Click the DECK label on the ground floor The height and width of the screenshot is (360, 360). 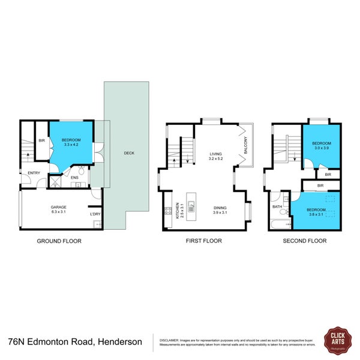[x=129, y=153]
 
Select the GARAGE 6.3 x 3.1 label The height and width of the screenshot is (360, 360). [x=58, y=209]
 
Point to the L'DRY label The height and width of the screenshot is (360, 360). [x=94, y=214]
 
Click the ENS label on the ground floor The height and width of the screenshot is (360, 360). [x=75, y=178]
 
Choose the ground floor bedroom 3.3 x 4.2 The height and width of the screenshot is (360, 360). [x=71, y=142]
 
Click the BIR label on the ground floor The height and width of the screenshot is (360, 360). [x=41, y=141]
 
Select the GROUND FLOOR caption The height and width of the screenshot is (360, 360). [x=59, y=241]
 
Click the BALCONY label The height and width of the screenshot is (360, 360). [x=246, y=145]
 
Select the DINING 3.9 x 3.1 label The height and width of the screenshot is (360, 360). [x=220, y=210]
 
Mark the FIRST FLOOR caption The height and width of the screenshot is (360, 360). [x=204, y=241]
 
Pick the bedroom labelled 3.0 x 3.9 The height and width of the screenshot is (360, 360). [x=321, y=145]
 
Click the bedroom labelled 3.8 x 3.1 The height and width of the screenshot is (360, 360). [x=316, y=212]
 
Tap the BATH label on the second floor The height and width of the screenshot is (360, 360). [x=277, y=208]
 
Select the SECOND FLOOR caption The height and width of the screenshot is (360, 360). [x=305, y=241]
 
